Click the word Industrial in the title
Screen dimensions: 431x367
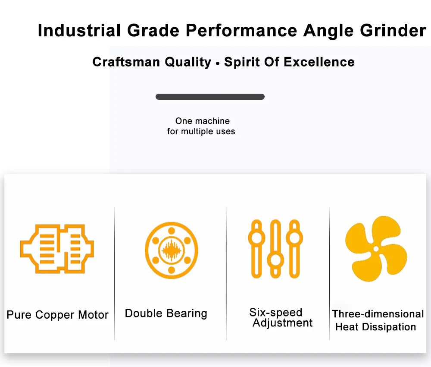coord(79,30)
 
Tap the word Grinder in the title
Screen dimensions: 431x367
coord(393,30)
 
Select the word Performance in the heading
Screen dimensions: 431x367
coord(241,30)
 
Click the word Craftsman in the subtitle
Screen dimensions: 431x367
coord(126,62)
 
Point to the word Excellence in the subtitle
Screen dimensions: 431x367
coord(319,62)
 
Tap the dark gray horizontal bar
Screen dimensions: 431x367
coord(210,97)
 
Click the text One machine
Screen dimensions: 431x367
coord(203,121)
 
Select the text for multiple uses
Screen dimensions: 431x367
coord(201,131)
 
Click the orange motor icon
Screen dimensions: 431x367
coord(57,249)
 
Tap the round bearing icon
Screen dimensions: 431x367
coord(172,250)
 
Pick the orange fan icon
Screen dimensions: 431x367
coord(376,249)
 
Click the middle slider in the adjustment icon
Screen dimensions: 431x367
coord(275,249)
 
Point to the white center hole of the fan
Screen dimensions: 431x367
coord(376,249)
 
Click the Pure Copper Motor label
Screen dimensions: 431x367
coord(57,315)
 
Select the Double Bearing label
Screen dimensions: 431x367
coord(166,313)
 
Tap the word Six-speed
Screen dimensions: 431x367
coord(276,312)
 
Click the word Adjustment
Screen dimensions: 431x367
coord(283,323)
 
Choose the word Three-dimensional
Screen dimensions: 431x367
coord(378,314)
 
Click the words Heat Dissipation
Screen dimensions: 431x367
coord(375,327)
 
